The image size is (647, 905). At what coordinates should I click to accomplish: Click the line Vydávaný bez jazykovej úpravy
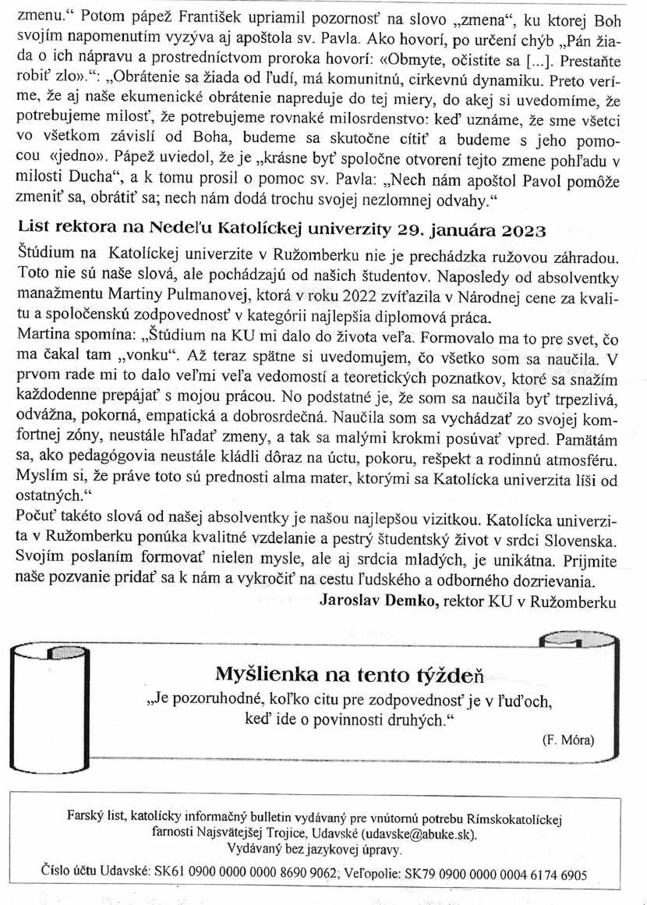tap(313, 849)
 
